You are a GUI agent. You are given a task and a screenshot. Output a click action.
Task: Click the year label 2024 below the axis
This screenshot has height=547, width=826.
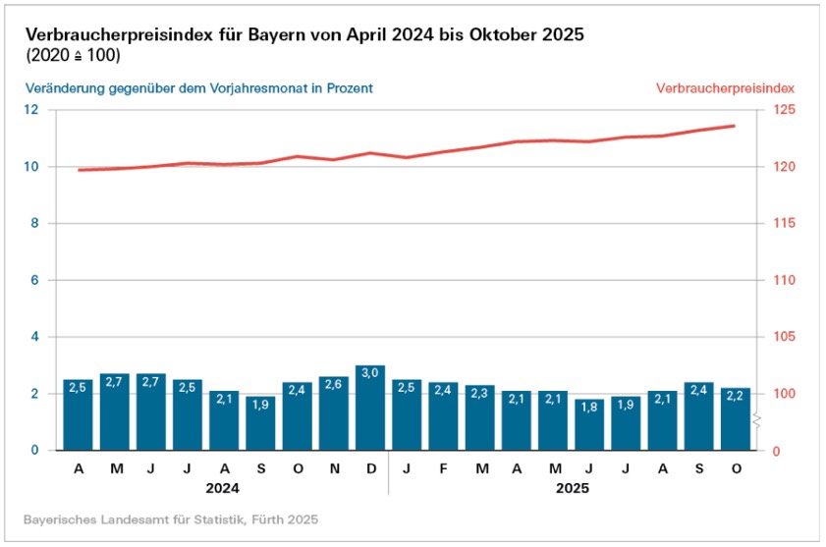(224, 487)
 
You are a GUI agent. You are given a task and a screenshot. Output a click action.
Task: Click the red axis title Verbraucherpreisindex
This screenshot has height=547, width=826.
(725, 88)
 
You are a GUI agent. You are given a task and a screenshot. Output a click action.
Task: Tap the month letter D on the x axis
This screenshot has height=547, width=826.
(370, 468)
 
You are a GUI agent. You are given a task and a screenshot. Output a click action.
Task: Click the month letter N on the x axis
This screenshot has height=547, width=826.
(334, 468)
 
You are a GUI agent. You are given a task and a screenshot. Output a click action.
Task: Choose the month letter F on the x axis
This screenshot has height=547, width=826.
(443, 468)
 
